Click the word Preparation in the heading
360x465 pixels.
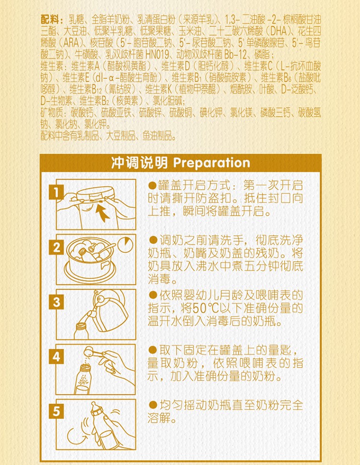(x=212, y=163)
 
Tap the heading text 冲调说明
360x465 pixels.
(x=139, y=163)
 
